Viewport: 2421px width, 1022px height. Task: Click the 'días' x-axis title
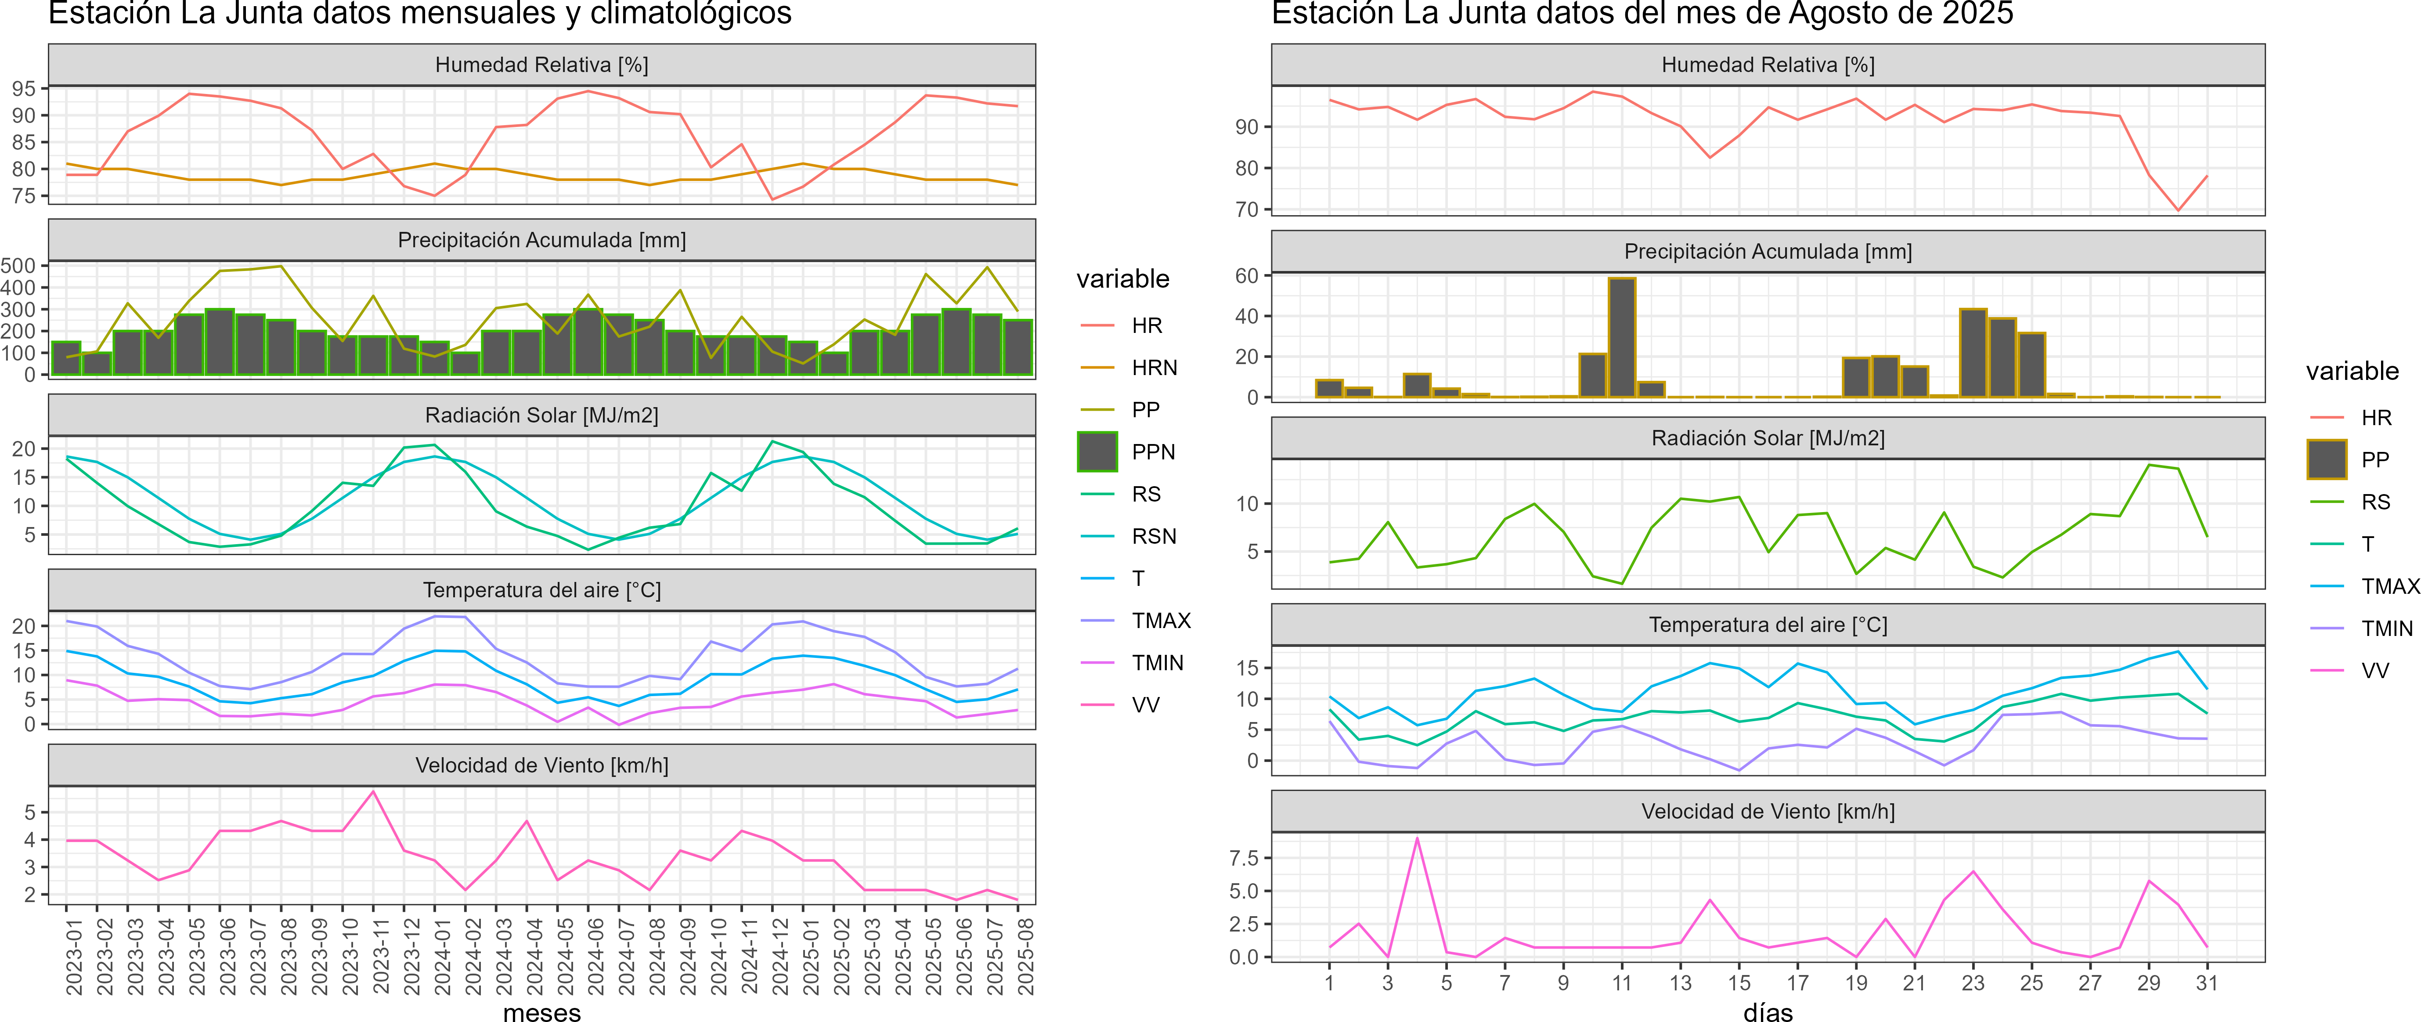click(1768, 1011)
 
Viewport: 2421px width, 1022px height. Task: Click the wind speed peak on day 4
click(1416, 839)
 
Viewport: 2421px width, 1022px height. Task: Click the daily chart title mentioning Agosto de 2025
click(1642, 14)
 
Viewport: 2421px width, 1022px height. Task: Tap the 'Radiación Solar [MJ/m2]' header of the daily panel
click(1768, 438)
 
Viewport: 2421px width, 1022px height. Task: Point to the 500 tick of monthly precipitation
click(19, 266)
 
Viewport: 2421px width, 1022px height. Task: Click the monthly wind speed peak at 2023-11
click(373, 792)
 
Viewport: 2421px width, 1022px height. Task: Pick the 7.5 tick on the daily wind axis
click(1243, 857)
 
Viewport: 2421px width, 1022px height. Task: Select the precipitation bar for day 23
click(1973, 353)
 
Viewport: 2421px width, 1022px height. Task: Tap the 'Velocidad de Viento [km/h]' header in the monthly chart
click(541, 766)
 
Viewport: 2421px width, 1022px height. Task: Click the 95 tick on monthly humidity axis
click(24, 88)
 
